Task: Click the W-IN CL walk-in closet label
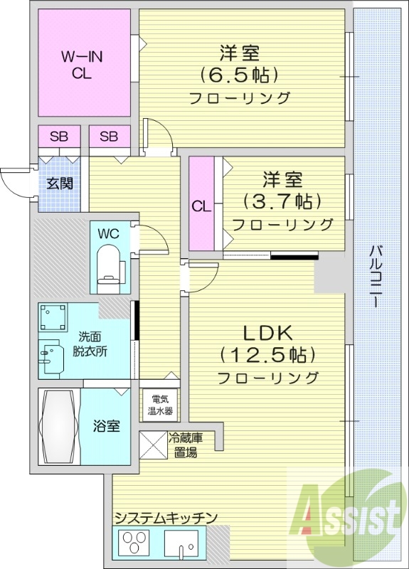click(x=82, y=63)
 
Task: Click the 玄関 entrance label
click(x=60, y=184)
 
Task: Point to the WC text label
click(x=108, y=233)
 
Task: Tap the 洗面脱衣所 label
click(x=90, y=345)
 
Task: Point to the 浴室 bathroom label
click(x=107, y=426)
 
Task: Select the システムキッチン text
click(x=165, y=518)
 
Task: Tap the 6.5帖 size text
click(x=238, y=74)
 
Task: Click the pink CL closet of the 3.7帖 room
click(x=201, y=206)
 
